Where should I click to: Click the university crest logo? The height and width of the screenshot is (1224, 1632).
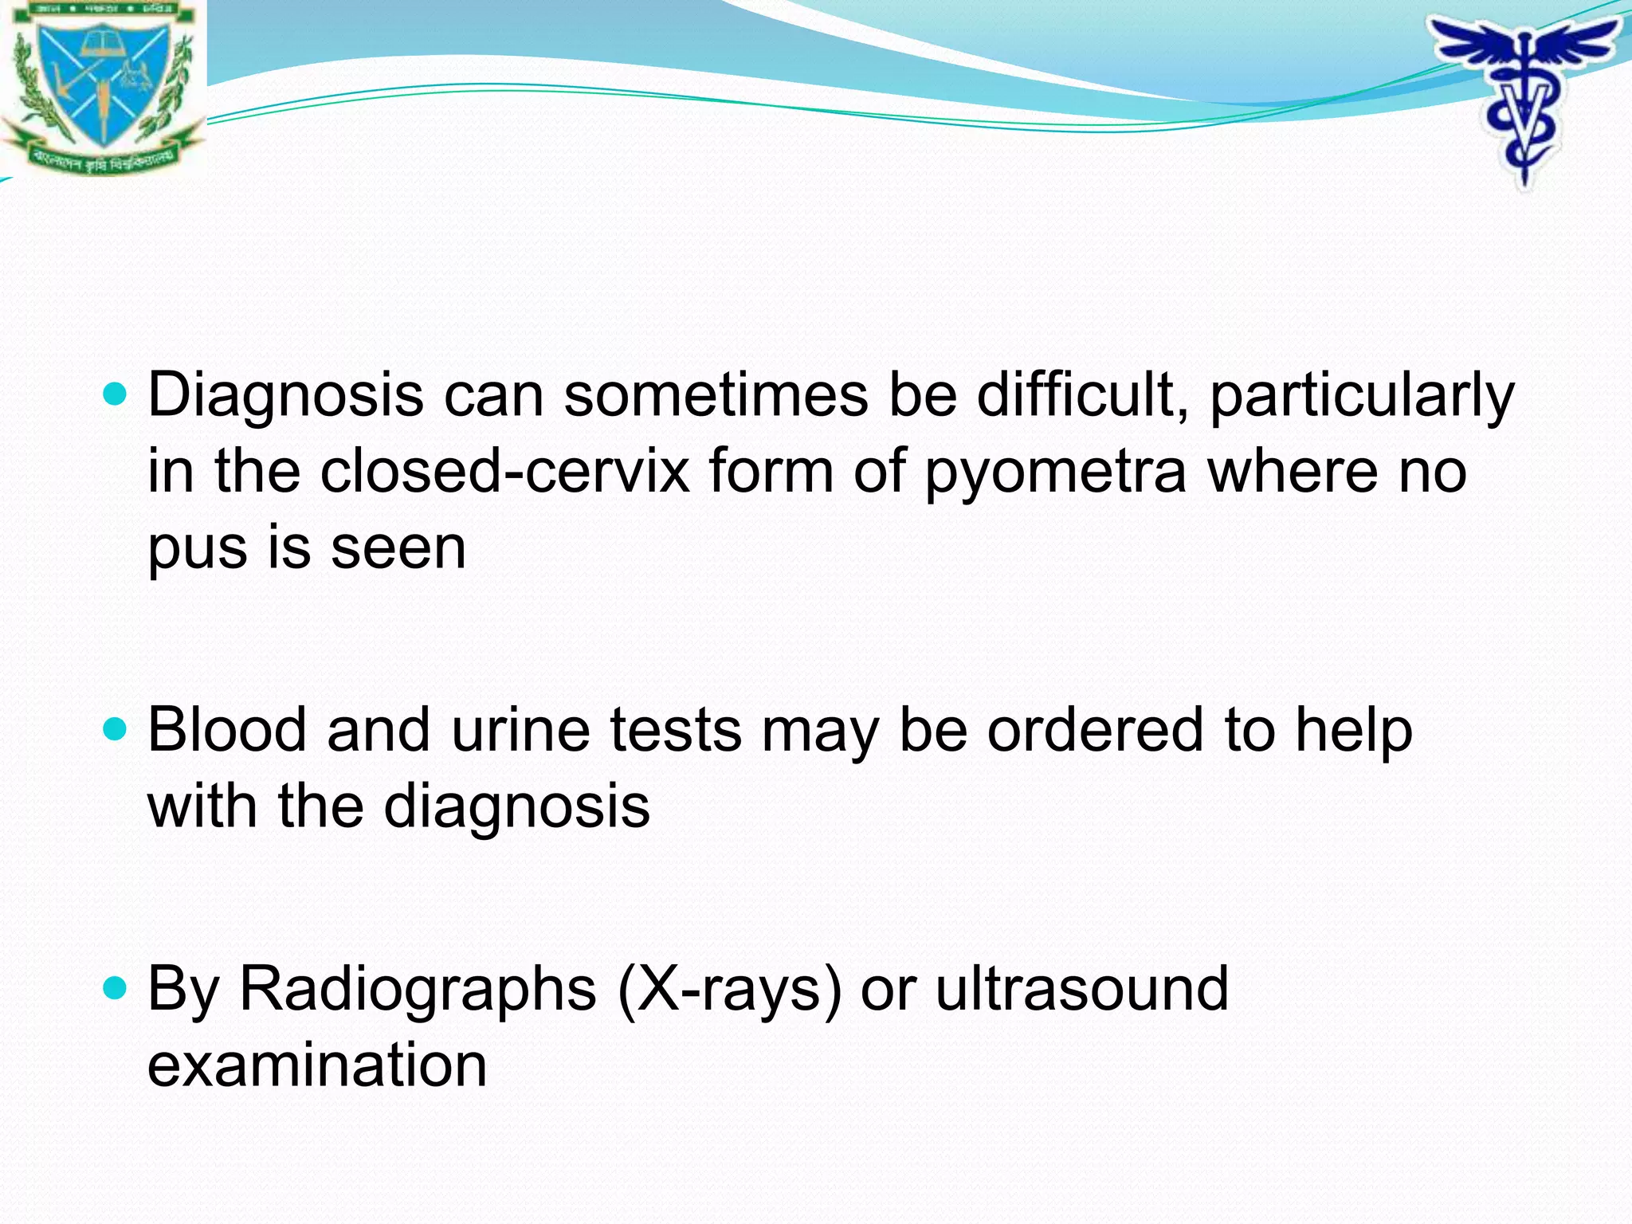[x=102, y=84]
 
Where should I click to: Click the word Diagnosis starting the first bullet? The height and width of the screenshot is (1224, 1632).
[x=285, y=396]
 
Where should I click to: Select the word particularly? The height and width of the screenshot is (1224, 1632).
[x=1362, y=396]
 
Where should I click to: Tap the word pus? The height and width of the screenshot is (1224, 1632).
[x=197, y=550]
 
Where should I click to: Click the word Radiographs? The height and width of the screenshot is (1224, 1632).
[x=418, y=989]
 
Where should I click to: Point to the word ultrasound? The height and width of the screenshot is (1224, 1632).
[x=1081, y=989]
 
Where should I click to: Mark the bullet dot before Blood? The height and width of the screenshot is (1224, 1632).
[x=116, y=728]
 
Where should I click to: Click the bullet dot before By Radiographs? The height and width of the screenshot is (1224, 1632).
[x=116, y=988]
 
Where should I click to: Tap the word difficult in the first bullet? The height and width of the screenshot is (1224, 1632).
[x=1082, y=396]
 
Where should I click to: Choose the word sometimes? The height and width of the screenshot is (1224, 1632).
[x=715, y=396]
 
